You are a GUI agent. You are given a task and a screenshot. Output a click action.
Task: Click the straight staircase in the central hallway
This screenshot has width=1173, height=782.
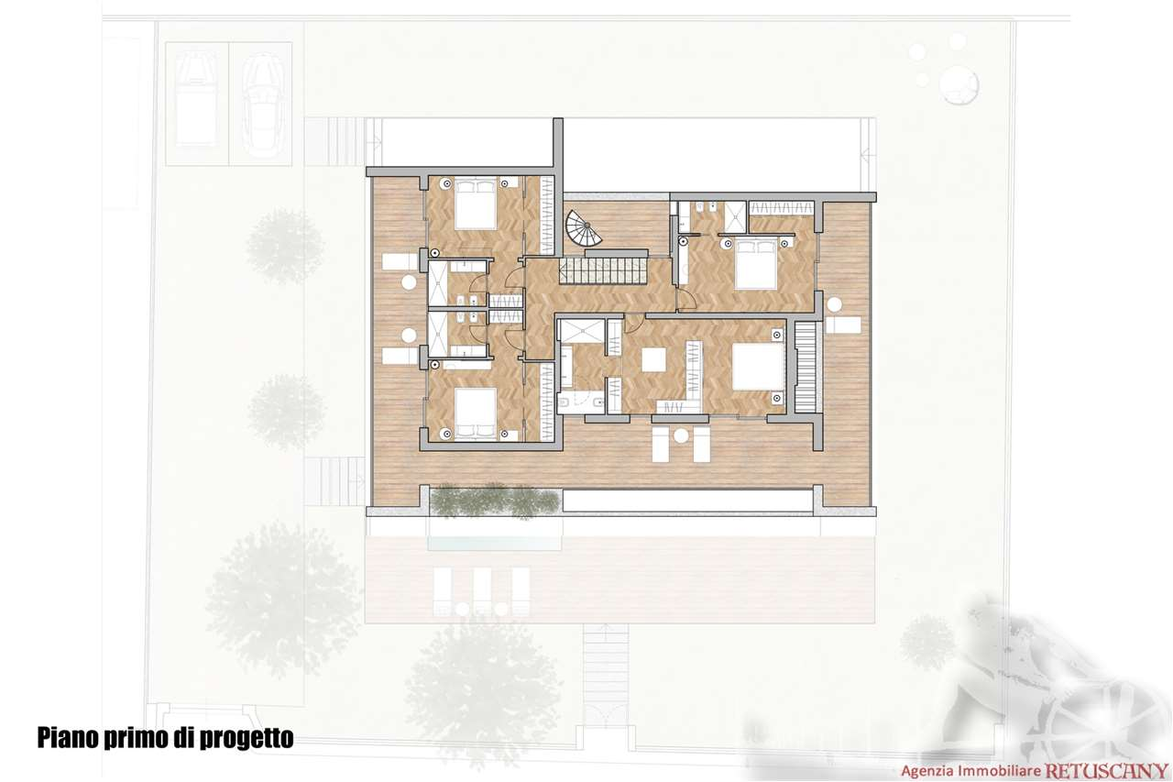tap(604, 270)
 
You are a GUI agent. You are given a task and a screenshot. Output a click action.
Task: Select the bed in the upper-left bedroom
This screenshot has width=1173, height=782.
tap(475, 206)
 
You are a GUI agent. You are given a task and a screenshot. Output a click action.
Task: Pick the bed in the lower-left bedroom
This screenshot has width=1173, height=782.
tap(475, 413)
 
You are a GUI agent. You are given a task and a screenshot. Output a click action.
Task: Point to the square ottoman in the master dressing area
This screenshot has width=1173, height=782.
tap(654, 360)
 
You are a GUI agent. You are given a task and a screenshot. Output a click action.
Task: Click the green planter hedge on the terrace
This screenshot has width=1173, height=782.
tap(495, 502)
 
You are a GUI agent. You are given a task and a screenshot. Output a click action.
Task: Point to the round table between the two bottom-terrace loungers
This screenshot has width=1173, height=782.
tap(680, 436)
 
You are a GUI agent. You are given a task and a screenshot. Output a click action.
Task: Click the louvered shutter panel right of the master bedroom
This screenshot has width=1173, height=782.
tap(805, 367)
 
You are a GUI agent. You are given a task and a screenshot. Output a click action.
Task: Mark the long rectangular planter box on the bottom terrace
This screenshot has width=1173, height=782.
tap(687, 501)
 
